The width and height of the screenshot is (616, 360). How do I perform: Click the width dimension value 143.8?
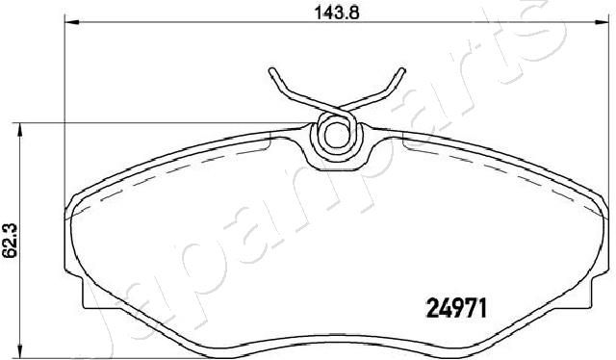tap(337, 13)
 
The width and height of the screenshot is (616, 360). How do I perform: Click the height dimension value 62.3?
tap(10, 240)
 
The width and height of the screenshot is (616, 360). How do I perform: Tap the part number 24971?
tap(456, 308)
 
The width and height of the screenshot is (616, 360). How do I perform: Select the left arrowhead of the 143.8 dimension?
tap(72, 22)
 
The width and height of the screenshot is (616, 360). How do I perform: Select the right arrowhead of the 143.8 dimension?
tap(601, 22)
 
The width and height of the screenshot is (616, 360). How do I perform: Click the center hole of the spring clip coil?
tap(337, 134)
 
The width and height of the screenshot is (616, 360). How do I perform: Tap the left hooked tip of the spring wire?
tap(271, 71)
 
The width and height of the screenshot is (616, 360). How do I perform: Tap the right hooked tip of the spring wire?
tap(402, 71)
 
